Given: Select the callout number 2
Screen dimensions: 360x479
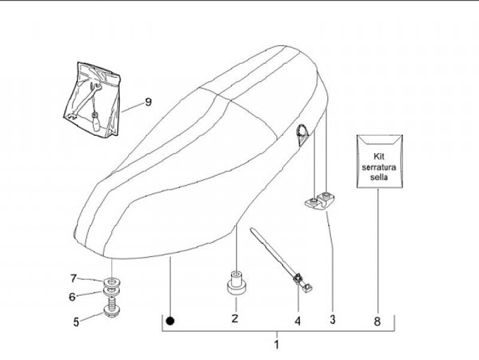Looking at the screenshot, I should tap(235, 319).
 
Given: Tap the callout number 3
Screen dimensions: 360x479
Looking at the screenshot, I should tap(332, 319).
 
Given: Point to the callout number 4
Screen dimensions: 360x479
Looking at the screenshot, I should tap(297, 321).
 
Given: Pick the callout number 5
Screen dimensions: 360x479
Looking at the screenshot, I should tap(77, 321).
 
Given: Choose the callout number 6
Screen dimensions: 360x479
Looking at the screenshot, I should tap(73, 297).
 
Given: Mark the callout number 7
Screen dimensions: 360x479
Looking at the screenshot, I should tap(75, 277).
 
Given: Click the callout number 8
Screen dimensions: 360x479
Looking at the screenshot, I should tap(377, 321).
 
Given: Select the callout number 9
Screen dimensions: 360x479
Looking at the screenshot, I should tap(148, 102).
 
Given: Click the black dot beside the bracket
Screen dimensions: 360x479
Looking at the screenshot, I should tap(171, 321).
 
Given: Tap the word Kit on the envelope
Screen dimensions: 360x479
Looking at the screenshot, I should tap(379, 152).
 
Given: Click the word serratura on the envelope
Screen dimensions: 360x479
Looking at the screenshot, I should tap(379, 166).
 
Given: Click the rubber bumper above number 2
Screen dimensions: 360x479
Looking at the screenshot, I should tap(236, 284).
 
